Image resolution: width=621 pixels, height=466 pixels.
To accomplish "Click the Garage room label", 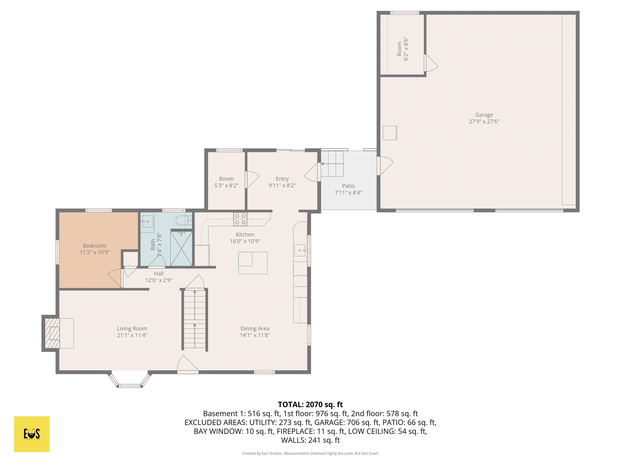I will [484, 115].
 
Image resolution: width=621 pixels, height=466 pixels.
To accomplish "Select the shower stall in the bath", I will [181, 248].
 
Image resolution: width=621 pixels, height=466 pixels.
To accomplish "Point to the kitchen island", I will [253, 263].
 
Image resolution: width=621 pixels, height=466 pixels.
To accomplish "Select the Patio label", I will [348, 186].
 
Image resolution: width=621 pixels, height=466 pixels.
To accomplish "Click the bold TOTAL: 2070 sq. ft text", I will [310, 405].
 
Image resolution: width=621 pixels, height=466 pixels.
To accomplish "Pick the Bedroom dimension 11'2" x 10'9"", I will [95, 252].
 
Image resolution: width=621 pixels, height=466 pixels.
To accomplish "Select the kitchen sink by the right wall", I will [300, 250].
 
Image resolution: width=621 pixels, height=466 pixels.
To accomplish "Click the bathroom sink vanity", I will [147, 222].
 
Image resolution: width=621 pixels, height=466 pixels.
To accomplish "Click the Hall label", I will [159, 273].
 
